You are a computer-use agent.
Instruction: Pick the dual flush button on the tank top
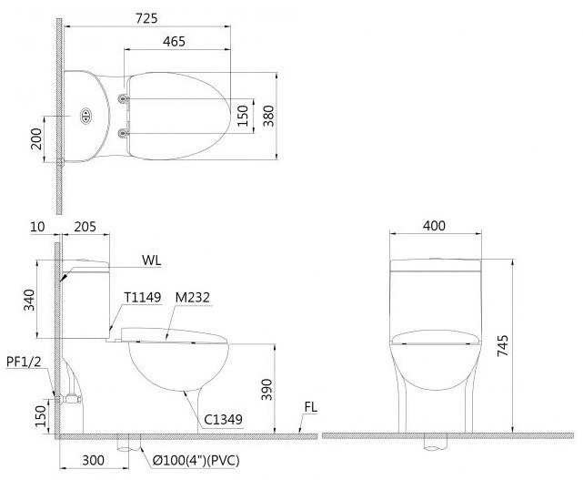(x=86, y=116)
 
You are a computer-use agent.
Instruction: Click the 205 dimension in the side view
(x=85, y=226)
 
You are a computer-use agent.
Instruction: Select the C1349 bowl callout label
(x=223, y=420)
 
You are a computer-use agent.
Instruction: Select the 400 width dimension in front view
(x=435, y=226)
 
